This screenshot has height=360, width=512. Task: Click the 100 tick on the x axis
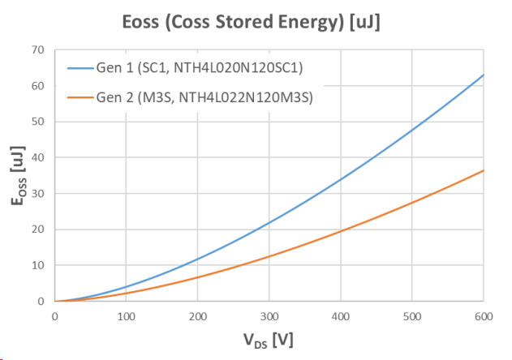click(x=125, y=316)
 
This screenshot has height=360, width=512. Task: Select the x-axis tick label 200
click(x=197, y=316)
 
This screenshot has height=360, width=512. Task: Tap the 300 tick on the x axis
click(x=269, y=316)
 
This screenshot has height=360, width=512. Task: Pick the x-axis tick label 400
click(x=341, y=316)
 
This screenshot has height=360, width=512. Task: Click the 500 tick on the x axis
click(x=412, y=316)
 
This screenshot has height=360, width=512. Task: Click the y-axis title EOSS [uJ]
click(x=17, y=175)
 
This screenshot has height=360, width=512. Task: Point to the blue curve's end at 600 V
click(x=484, y=75)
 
